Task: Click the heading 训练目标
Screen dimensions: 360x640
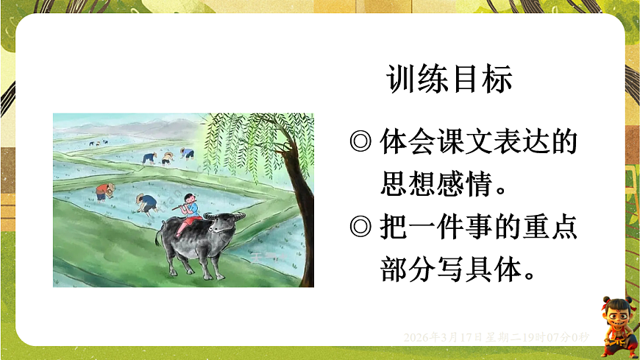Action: pyautogui.click(x=449, y=80)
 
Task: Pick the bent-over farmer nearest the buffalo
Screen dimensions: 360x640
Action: pyautogui.click(x=148, y=202)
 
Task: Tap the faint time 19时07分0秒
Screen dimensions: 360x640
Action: pyautogui.click(x=559, y=337)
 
